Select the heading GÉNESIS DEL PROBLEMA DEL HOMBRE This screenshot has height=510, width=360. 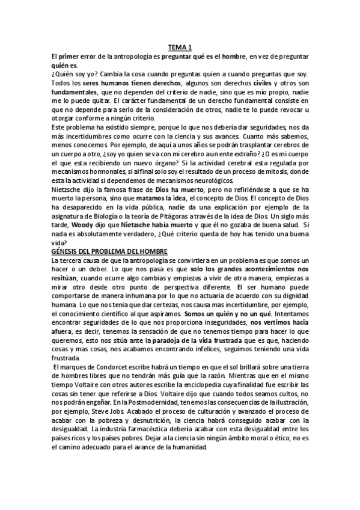pyautogui.click(x=110, y=251)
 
